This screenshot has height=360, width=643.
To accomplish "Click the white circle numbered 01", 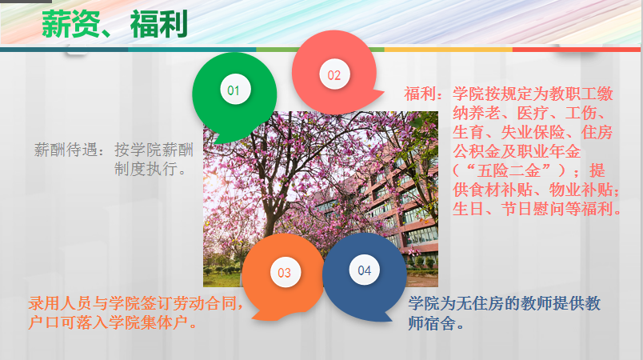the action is (x=235, y=90).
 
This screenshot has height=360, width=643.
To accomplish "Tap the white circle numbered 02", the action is (x=334, y=74).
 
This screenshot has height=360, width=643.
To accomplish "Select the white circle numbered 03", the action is (x=286, y=272).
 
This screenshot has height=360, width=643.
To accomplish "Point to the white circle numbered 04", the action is (x=364, y=270).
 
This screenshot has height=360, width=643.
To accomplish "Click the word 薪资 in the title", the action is (x=70, y=25).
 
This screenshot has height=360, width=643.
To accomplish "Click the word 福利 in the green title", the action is (x=158, y=25).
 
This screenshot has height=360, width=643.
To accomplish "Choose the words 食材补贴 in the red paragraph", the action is (x=501, y=190).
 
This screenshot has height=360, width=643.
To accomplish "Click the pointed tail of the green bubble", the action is (x=214, y=142).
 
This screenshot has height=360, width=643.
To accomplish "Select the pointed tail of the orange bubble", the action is (x=254, y=318).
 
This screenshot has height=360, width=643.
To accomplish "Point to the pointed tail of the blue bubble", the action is (x=390, y=319).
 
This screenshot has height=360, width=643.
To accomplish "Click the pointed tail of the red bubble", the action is (x=381, y=92).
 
